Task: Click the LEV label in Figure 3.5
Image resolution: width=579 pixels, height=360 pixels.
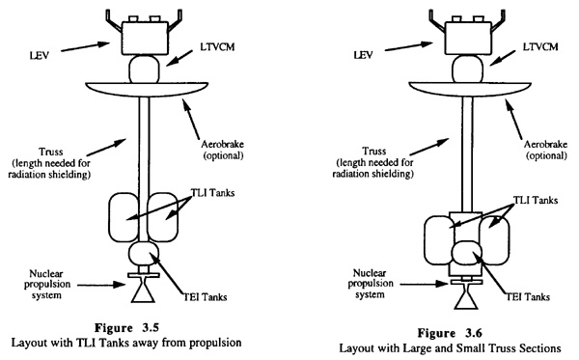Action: click(40, 56)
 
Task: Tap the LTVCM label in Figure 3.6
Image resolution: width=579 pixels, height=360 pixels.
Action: click(540, 47)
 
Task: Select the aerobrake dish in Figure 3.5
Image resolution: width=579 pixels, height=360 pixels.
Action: click(147, 91)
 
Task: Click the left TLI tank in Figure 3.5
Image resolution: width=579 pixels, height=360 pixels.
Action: click(124, 217)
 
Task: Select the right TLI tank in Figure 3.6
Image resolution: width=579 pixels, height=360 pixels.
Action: click(494, 240)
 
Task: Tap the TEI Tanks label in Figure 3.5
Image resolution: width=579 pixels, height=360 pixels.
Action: click(206, 297)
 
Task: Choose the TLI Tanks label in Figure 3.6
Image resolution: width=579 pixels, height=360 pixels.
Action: click(535, 200)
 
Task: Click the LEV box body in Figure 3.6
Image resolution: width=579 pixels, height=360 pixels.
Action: click(468, 38)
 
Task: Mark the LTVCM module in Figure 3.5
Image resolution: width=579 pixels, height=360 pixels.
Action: click(144, 69)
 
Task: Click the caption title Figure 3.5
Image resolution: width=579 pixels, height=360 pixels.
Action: click(126, 328)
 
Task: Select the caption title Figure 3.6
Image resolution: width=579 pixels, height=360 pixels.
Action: click(450, 333)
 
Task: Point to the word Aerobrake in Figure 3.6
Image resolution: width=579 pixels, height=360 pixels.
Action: click(545, 145)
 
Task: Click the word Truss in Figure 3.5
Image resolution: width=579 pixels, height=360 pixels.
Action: click(51, 152)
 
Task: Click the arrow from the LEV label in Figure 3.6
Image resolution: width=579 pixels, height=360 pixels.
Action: click(408, 46)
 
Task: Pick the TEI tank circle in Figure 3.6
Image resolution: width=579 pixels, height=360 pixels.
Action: click(467, 254)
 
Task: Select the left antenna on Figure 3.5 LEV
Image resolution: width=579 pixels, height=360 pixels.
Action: click(114, 20)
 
